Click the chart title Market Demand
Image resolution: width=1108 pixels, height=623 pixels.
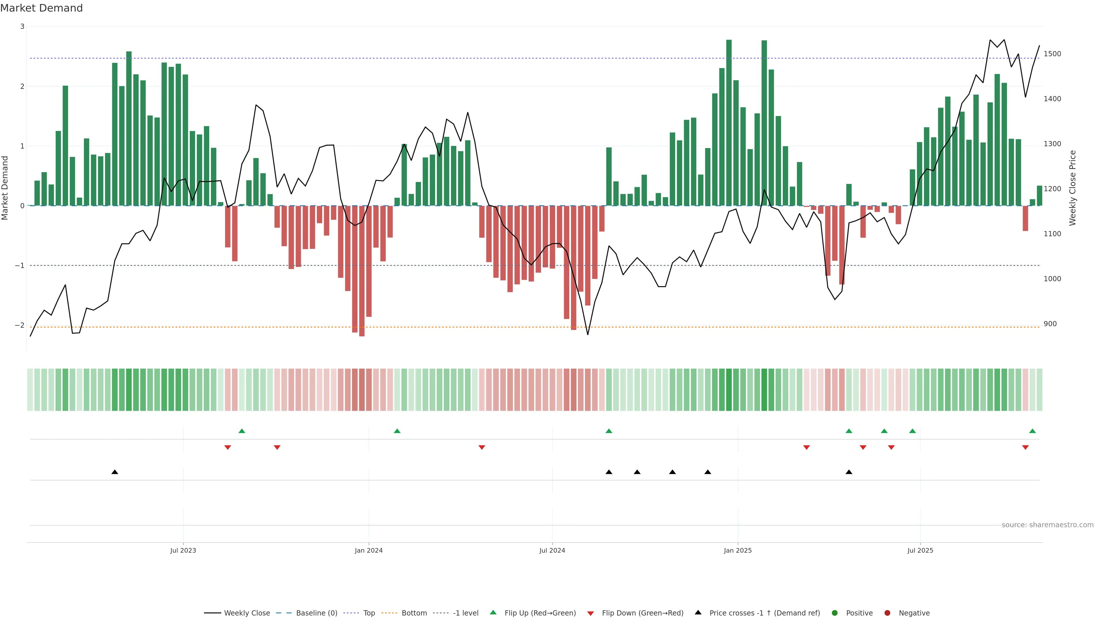[x=41, y=8]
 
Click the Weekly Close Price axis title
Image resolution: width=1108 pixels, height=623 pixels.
[x=1072, y=188]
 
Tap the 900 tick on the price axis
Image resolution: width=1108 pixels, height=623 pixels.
[x=1050, y=324]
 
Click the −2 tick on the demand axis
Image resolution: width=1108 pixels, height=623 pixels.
[x=20, y=325]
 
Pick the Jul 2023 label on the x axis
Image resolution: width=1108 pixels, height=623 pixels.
[x=183, y=550]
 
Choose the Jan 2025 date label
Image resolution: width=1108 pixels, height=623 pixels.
[x=738, y=550]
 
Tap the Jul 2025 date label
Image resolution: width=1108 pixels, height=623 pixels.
[x=920, y=550]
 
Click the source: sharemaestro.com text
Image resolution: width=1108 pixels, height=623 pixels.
[x=1047, y=525]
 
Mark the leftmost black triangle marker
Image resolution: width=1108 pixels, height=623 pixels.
[x=115, y=472]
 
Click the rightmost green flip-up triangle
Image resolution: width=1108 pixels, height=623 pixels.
[x=1032, y=431]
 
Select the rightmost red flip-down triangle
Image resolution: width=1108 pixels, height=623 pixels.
[x=1025, y=448]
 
